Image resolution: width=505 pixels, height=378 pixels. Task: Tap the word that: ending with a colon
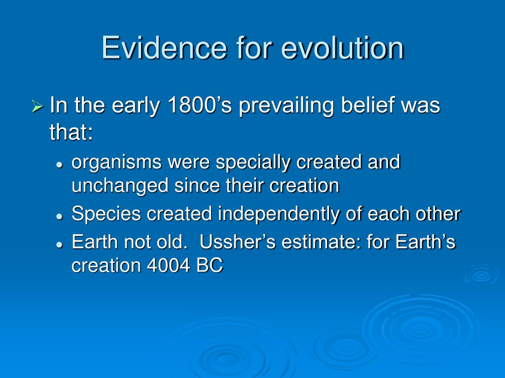tap(71, 132)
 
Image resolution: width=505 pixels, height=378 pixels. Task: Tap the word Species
tap(107, 215)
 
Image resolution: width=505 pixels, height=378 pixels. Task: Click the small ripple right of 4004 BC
tap(481, 275)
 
